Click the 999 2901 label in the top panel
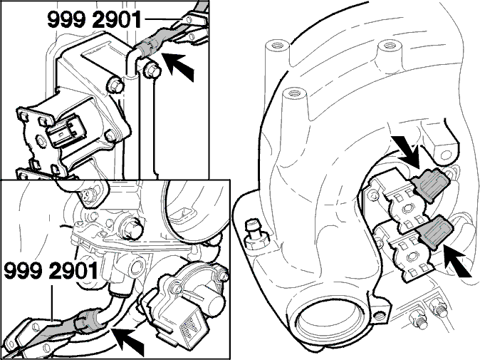point(94,20)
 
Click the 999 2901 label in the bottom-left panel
point(51,271)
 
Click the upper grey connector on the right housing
point(430,184)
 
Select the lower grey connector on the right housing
point(434,231)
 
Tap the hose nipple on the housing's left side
point(256,233)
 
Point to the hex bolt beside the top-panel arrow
point(152,71)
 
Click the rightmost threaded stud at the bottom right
point(437,306)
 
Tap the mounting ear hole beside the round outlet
point(380,315)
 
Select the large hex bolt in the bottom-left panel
point(132,229)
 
